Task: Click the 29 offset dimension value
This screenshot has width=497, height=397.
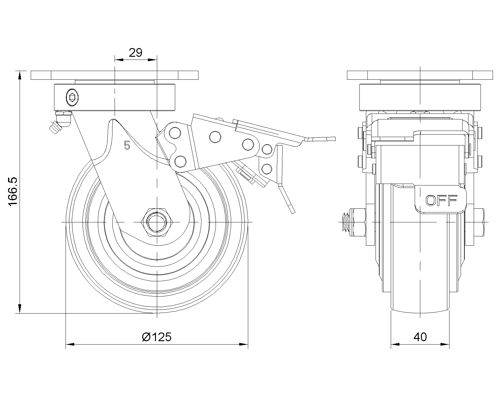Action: pyautogui.click(x=135, y=53)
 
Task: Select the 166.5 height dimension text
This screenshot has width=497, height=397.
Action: pyautogui.click(x=13, y=192)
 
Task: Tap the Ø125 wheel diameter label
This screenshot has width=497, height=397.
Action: pyautogui.click(x=157, y=337)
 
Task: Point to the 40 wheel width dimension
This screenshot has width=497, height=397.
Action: pyautogui.click(x=420, y=337)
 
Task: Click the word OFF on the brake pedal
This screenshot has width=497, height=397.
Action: pyautogui.click(x=441, y=201)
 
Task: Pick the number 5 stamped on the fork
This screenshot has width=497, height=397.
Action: pyautogui.click(x=126, y=145)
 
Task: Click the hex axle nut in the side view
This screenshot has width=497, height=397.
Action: pyautogui.click(x=157, y=222)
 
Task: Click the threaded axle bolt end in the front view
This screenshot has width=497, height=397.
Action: pyautogui.click(x=345, y=222)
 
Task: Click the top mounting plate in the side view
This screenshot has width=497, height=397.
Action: pyautogui.click(x=114, y=75)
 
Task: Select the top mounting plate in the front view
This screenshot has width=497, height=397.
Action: pyautogui.click(x=420, y=75)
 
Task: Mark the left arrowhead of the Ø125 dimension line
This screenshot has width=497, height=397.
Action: pyautogui.click(x=70, y=344)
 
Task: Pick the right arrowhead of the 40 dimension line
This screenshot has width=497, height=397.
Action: pyautogui.click(x=445, y=344)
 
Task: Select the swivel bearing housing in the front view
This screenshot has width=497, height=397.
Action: pyautogui.click(x=420, y=97)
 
